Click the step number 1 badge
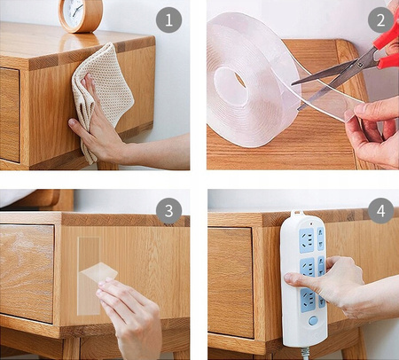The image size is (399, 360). [x=168, y=20]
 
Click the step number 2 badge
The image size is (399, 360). [x=380, y=20]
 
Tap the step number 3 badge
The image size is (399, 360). [x=168, y=211]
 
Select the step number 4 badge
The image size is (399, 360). [x=380, y=211]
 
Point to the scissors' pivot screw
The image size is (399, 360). [x=360, y=65]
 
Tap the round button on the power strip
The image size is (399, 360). [x=313, y=320]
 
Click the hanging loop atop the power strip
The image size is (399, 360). [x=298, y=214]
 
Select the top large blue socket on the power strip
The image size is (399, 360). [x=307, y=240]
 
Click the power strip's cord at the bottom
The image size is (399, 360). [x=306, y=353]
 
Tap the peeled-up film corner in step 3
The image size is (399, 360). [x=99, y=271]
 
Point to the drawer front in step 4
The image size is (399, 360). [x=231, y=282]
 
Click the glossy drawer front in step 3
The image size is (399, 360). [x=27, y=273]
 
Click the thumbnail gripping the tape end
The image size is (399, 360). [x=349, y=115]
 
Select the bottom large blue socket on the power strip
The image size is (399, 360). [x=309, y=301]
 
